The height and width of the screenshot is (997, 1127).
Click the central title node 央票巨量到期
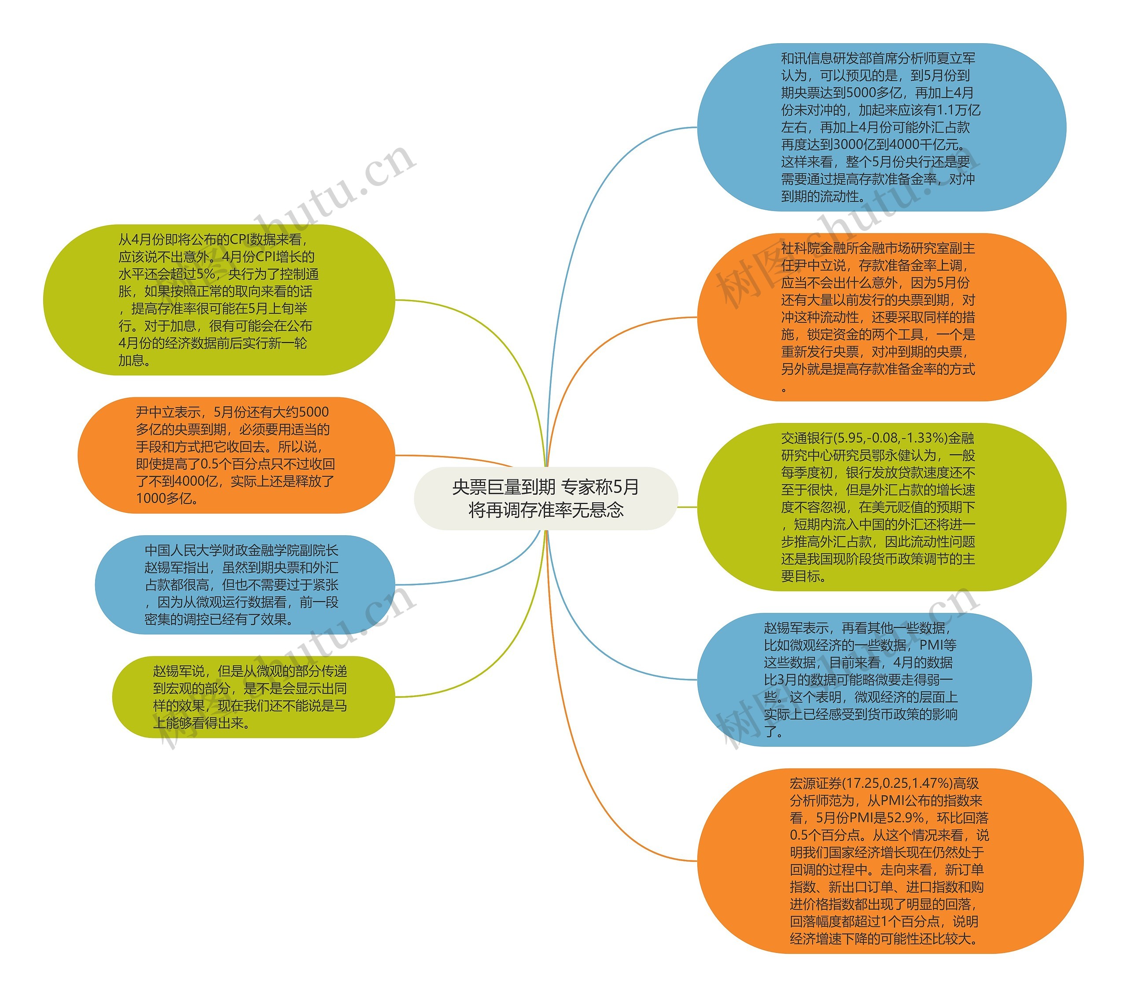545,498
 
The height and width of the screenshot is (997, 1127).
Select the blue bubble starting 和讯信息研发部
880,127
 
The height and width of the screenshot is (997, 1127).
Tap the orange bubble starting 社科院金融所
880,317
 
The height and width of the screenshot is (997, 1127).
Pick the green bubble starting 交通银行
880,507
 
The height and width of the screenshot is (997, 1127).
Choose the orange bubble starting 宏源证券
889,861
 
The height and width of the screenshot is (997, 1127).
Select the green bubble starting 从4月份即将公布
219,300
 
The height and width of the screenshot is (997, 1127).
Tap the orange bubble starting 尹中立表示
236,455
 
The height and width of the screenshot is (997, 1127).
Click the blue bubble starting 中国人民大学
245,584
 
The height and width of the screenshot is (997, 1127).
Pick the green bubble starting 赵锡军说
253,697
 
